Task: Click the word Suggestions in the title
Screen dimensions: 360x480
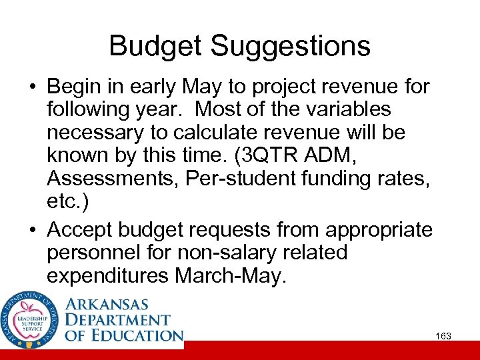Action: [290, 47]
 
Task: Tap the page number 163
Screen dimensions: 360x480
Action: [443, 336]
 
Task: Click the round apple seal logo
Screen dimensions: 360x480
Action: [31, 319]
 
